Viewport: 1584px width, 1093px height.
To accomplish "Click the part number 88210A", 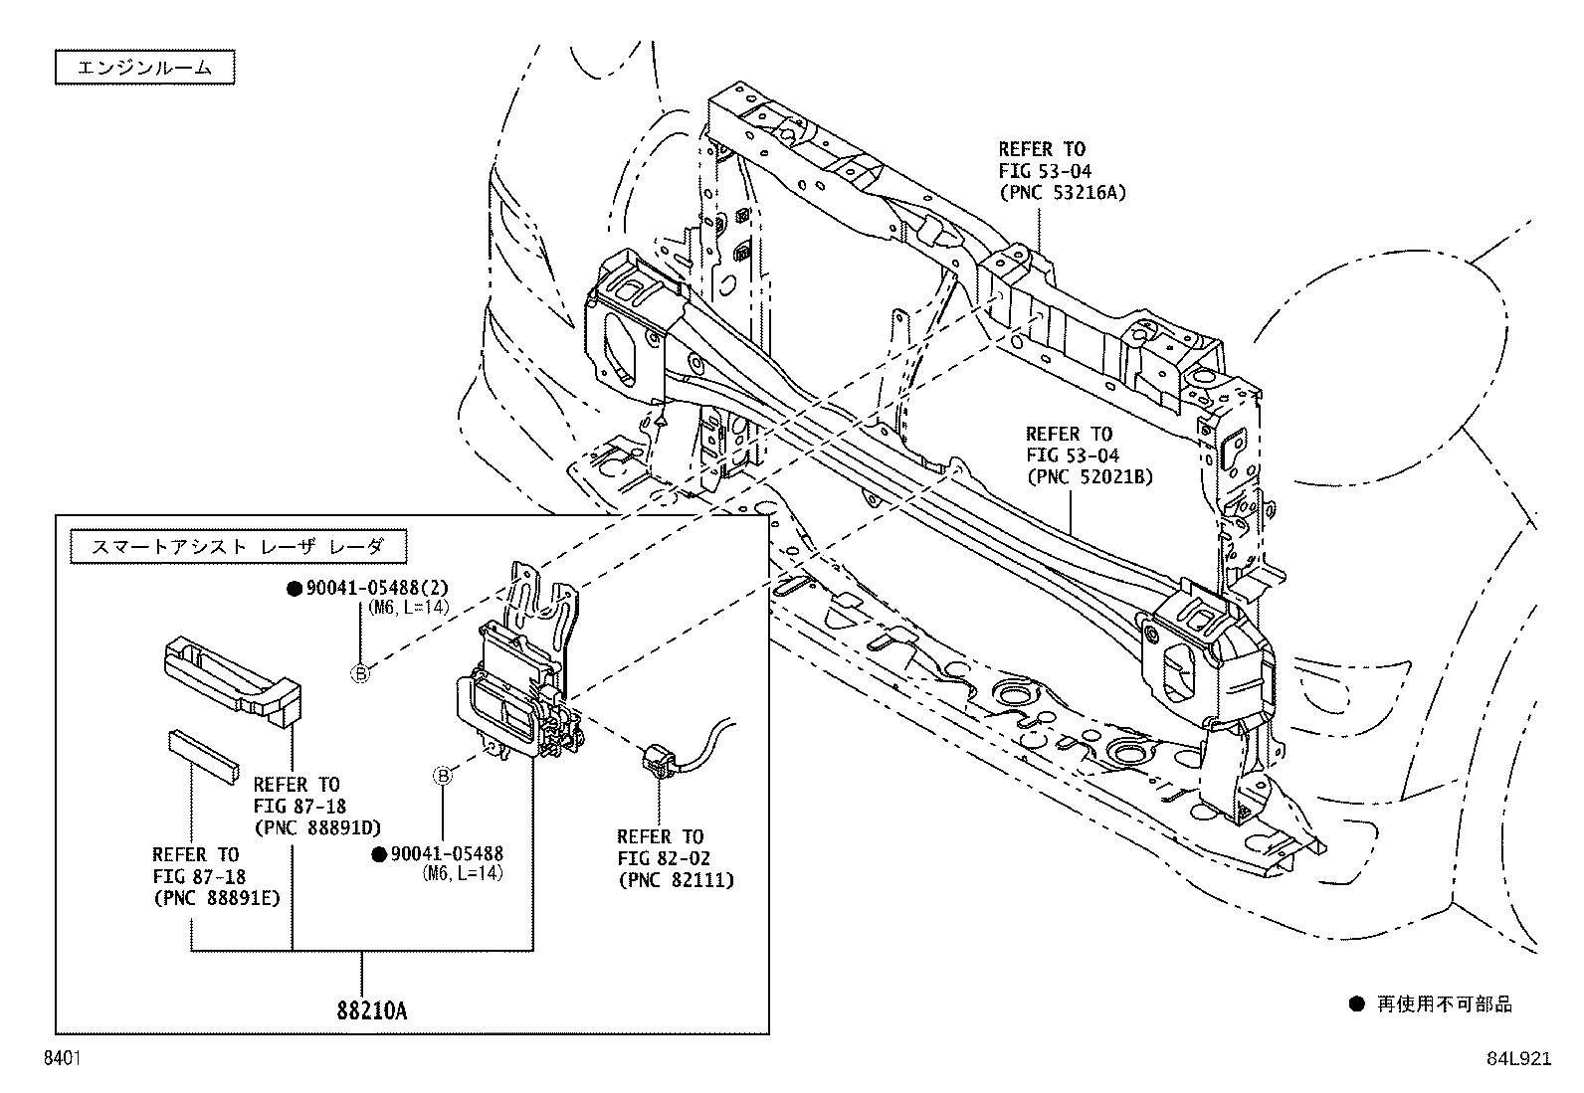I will pos(372,1011).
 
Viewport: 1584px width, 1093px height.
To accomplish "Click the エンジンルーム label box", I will pos(144,68).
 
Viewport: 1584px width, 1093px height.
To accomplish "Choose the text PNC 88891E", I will pos(216,898).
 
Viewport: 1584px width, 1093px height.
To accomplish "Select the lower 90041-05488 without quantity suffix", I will pos(447,853).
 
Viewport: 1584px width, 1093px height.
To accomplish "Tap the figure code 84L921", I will pos(1518,1059).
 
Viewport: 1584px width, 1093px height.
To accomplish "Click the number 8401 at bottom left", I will pos(62,1059).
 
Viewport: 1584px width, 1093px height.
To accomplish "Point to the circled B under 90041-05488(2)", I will pos(360,675).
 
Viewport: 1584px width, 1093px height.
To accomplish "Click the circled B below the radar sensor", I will pos(443,776).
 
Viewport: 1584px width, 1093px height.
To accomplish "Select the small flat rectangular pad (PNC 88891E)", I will pos(204,754).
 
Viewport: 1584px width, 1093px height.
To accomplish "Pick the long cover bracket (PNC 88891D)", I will pos(233,676).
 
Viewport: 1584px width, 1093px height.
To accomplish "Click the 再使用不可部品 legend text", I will pos(1444,1004).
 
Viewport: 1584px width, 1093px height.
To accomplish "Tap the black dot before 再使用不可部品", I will pos(1356,1004).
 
